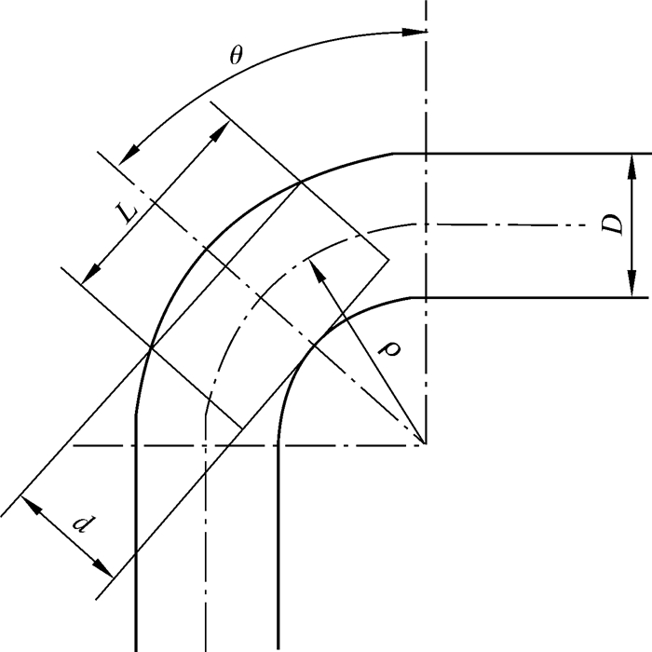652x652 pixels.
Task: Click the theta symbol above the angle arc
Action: tap(237, 54)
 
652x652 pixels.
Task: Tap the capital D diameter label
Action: tap(611, 224)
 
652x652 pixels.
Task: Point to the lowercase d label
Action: tap(83, 524)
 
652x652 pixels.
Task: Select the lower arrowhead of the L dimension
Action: tap(88, 278)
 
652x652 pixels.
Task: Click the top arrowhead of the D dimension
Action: tap(632, 159)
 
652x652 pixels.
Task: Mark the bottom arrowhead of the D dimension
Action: tap(632, 292)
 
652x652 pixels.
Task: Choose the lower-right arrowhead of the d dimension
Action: tap(109, 571)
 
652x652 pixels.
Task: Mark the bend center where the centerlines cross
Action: tap(426, 444)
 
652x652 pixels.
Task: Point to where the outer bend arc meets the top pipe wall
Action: tap(392, 153)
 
